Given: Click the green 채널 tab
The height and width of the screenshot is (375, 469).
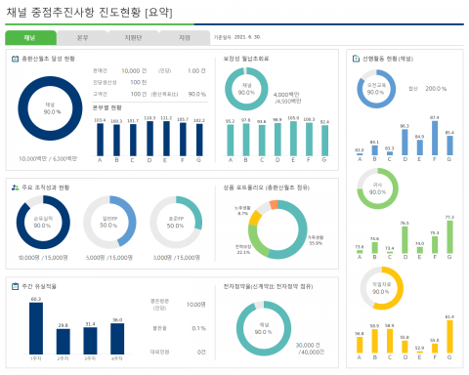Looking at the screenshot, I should pos(30,38).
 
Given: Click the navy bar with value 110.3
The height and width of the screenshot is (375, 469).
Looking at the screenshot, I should pos(149,139).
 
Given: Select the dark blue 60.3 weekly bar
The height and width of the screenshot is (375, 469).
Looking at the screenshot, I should pos(35,327).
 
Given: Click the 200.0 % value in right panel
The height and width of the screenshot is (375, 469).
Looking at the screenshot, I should pos(435,88).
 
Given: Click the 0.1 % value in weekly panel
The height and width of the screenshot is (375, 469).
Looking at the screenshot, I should pos(199,328).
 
